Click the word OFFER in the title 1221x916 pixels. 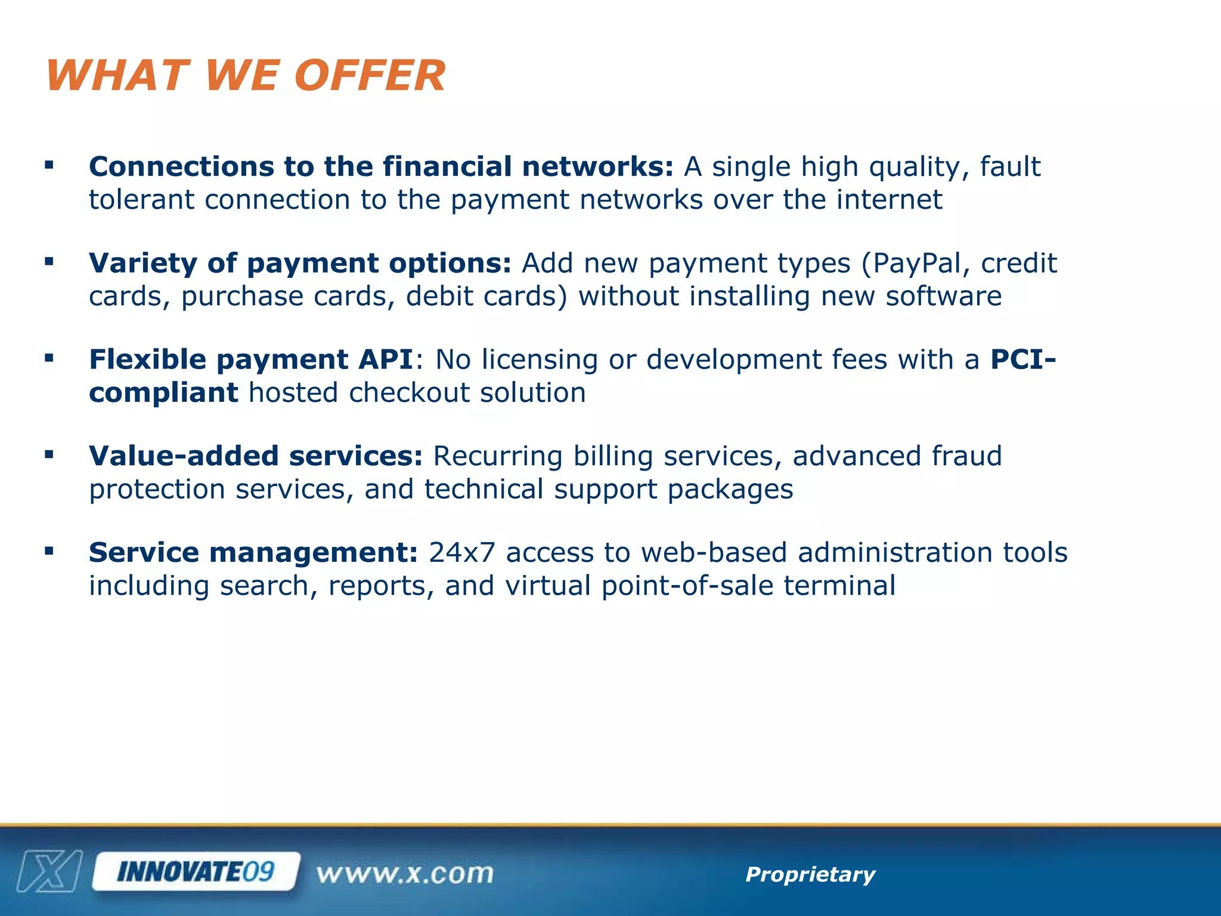click(x=370, y=76)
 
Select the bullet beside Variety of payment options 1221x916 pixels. click(x=49, y=261)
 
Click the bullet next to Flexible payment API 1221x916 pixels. click(x=49, y=358)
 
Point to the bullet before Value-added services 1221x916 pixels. click(x=49, y=454)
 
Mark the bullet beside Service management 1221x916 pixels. click(x=49, y=551)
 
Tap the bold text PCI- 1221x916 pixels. click(x=1023, y=360)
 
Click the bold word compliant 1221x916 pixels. click(x=163, y=393)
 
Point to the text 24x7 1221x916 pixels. click(x=462, y=553)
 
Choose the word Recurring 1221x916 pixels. click(x=498, y=457)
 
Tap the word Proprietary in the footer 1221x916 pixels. click(x=810, y=874)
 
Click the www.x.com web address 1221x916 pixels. click(x=405, y=874)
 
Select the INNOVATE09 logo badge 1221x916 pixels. click(x=196, y=872)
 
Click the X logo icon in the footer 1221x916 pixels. click(x=50, y=872)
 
